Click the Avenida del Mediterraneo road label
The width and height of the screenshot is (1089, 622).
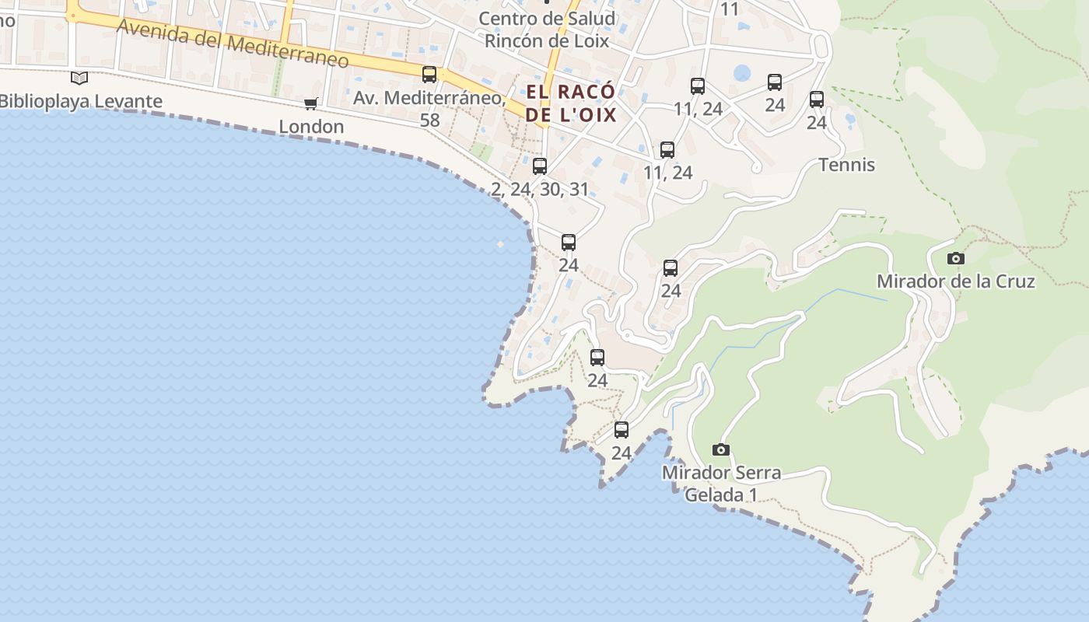click(x=232, y=44)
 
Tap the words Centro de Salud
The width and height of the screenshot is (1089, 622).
click(x=546, y=18)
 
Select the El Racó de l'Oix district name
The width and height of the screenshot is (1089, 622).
click(x=571, y=103)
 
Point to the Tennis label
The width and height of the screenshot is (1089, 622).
click(x=846, y=165)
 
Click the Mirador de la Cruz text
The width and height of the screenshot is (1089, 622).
click(x=955, y=281)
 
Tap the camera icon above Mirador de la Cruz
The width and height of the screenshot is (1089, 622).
click(x=956, y=259)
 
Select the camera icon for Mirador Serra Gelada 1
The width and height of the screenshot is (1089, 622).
click(x=721, y=449)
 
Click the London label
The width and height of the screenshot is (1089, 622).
click(x=311, y=127)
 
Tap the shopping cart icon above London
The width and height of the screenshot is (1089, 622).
click(x=311, y=104)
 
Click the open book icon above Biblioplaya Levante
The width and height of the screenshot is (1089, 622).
click(x=79, y=78)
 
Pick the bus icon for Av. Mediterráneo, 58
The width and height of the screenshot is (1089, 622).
click(x=429, y=75)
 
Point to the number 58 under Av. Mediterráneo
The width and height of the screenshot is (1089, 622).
click(x=429, y=120)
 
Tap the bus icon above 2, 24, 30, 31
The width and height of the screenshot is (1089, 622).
click(x=540, y=166)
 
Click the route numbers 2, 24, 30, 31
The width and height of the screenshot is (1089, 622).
click(x=540, y=189)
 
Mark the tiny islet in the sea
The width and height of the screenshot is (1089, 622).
click(x=500, y=244)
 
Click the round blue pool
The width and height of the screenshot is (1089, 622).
click(x=742, y=73)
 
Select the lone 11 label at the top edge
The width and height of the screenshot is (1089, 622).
click(x=730, y=9)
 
